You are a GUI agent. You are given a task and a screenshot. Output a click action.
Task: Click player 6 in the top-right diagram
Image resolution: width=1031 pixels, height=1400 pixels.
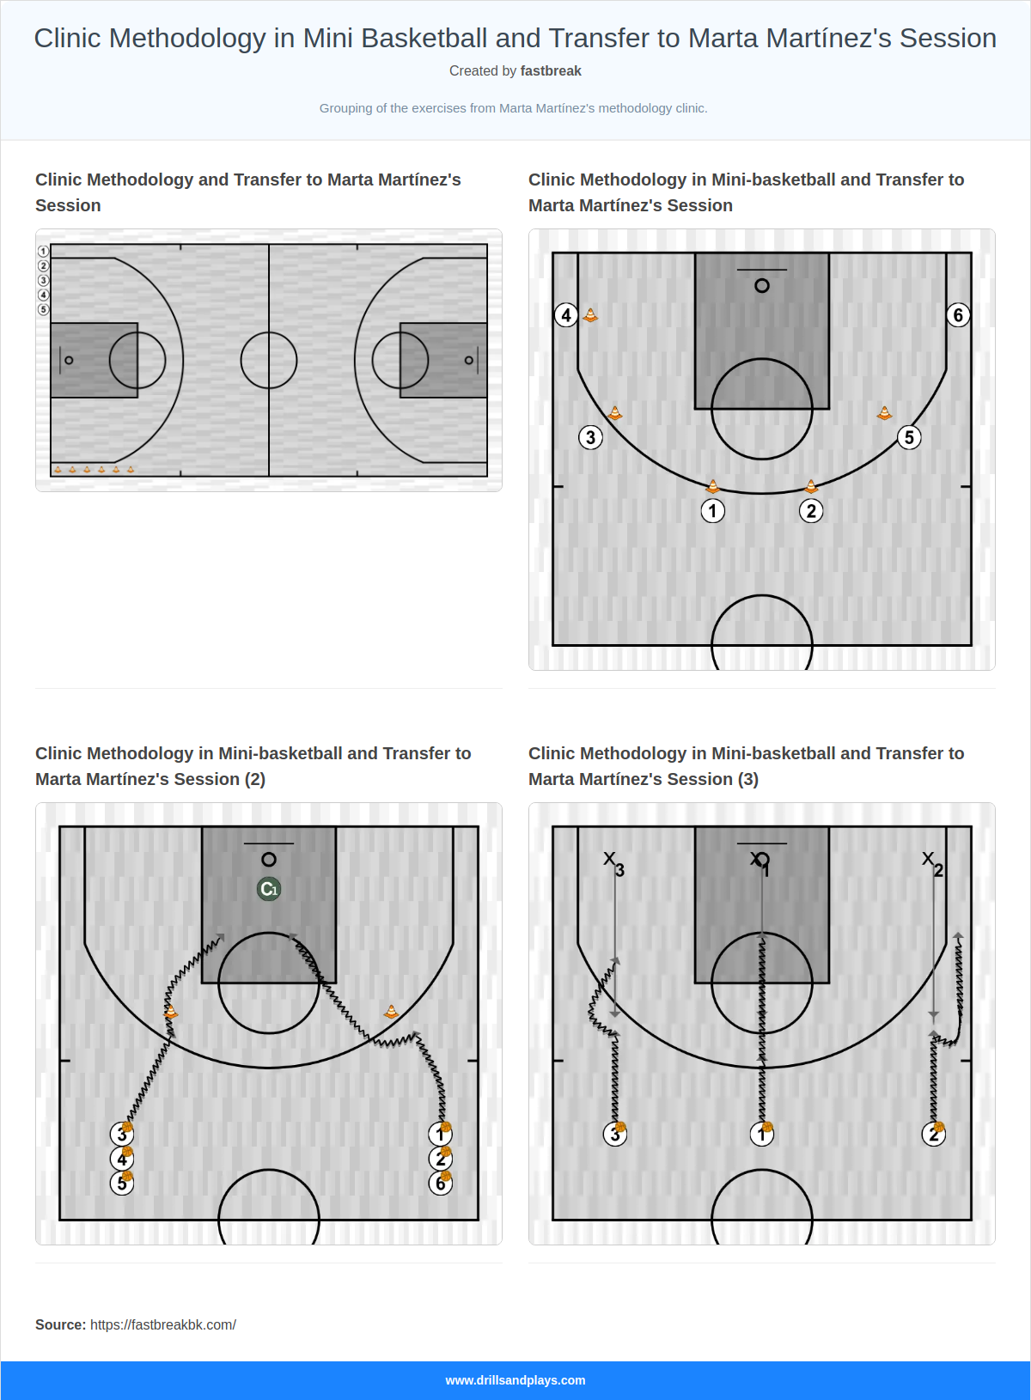point(958,315)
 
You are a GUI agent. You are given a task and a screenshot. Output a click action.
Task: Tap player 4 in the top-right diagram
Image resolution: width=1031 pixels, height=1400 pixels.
point(565,315)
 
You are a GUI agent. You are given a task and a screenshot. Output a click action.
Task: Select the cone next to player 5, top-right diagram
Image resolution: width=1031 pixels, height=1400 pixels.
point(884,413)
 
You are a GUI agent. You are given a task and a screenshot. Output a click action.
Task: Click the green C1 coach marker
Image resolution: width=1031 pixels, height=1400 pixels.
point(269,889)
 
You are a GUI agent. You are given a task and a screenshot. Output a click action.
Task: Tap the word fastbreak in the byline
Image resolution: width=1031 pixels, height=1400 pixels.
point(551,71)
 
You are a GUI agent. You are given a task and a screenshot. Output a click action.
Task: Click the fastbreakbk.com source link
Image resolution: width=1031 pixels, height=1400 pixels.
point(163,1324)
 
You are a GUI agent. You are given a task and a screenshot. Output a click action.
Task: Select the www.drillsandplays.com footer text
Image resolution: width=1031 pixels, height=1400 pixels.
point(515,1380)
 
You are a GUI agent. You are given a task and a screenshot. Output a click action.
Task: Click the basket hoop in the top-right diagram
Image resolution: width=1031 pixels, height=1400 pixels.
point(762,286)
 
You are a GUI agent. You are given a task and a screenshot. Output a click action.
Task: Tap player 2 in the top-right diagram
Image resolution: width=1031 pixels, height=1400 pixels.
point(811,511)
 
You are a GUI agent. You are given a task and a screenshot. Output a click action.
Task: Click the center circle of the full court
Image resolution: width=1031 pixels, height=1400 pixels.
point(269,360)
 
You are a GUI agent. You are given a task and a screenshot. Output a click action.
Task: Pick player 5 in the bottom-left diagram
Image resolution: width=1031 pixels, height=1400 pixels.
point(122,1184)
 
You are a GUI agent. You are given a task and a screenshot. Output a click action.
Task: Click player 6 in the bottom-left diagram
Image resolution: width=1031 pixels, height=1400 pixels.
point(440,1184)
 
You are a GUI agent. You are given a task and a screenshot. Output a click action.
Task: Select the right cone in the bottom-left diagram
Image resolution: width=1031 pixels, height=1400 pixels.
point(391,1012)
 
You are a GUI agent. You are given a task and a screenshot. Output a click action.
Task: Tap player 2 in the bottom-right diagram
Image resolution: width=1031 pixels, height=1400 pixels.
point(933,1135)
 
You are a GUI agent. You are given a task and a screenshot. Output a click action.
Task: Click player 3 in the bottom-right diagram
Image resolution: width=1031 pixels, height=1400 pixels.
point(614,1135)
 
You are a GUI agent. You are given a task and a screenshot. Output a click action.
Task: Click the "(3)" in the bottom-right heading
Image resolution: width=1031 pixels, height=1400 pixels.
point(747,779)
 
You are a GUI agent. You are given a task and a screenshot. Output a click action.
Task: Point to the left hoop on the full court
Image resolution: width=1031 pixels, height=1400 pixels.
point(70,360)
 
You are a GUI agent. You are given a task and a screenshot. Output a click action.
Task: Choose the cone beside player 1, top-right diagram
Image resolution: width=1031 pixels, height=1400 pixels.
point(712,486)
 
